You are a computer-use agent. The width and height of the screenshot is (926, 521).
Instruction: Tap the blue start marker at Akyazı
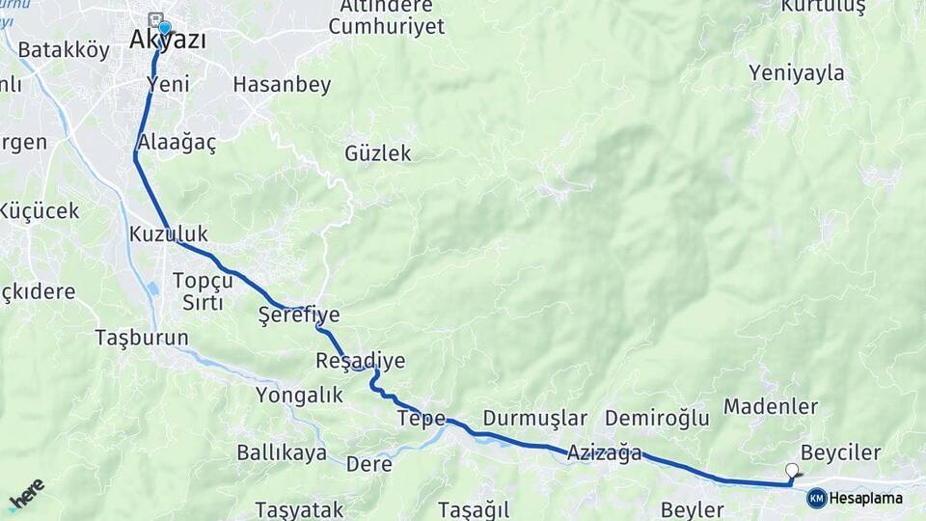[164, 28]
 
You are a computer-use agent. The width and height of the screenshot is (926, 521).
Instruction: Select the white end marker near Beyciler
[793, 470]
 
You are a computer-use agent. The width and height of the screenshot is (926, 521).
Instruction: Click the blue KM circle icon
[816, 498]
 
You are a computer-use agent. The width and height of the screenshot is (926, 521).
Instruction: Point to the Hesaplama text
[866, 498]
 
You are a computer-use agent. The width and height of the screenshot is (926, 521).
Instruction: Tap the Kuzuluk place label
[168, 234]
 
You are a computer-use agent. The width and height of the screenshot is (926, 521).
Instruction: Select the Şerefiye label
[299, 315]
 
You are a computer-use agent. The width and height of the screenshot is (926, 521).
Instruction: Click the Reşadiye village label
[360, 361]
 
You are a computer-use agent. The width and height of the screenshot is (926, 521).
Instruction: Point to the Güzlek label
[378, 153]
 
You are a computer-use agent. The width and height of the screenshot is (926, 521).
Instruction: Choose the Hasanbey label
[282, 85]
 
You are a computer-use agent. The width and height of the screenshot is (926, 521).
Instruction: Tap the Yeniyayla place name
[796, 73]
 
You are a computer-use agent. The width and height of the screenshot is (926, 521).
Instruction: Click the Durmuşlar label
[534, 419]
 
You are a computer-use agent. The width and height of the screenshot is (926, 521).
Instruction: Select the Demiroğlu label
[657, 419]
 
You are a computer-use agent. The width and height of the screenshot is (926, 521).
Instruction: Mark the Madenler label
[771, 406]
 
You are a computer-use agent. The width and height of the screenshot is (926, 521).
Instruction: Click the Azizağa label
[605, 452]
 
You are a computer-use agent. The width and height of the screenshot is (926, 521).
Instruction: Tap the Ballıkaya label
[282, 453]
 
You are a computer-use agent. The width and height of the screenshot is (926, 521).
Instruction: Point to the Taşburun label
[142, 338]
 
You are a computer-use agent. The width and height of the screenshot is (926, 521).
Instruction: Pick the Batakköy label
[64, 50]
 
